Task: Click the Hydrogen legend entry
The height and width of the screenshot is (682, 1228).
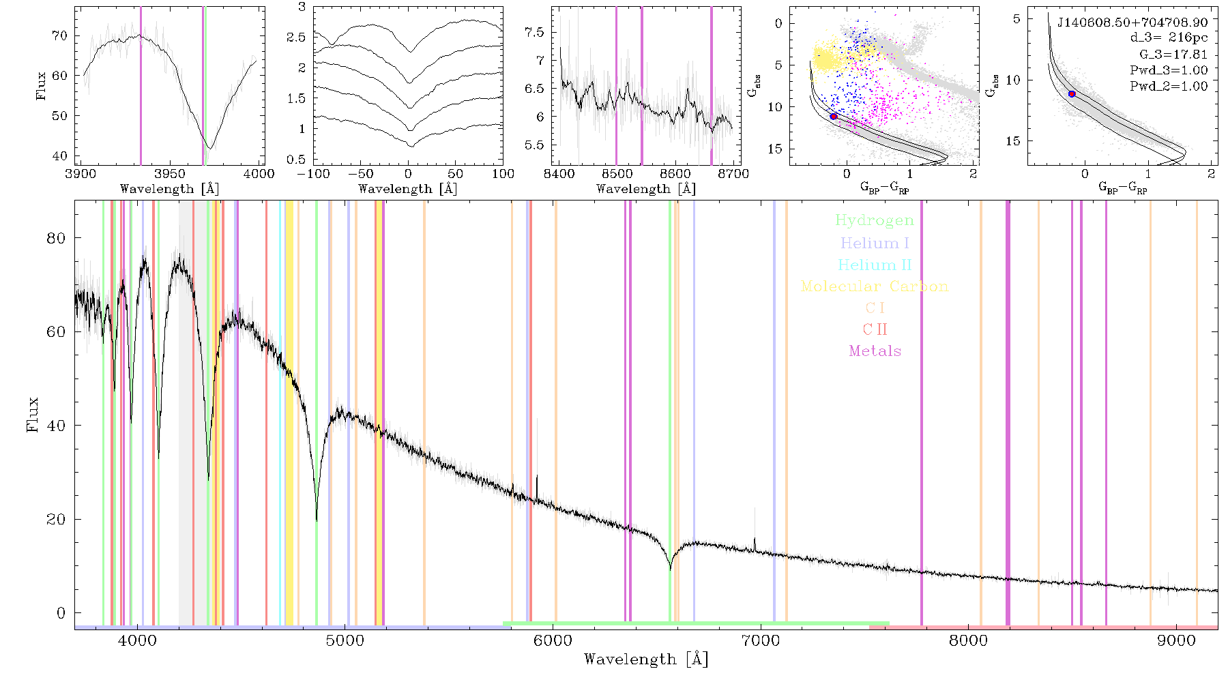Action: tap(874, 220)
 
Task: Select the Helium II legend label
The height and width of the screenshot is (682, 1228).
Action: tap(875, 265)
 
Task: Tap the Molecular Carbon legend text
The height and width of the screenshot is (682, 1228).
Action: tap(875, 286)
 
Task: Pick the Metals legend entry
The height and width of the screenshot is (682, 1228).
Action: tap(875, 351)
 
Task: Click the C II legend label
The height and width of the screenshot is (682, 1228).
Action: tap(875, 329)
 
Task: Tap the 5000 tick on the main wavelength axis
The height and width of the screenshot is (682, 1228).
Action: tap(345, 640)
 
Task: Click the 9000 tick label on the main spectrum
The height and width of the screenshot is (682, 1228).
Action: tap(1176, 640)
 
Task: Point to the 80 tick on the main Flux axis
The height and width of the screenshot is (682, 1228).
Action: tap(57, 238)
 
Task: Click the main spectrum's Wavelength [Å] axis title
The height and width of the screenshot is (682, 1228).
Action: tap(646, 659)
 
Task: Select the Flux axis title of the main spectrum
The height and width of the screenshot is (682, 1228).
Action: tap(32, 415)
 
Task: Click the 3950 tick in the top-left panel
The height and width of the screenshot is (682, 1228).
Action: tap(169, 173)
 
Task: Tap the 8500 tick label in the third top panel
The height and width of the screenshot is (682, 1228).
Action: tap(617, 173)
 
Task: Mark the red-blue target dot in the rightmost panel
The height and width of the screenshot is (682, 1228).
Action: tap(1072, 94)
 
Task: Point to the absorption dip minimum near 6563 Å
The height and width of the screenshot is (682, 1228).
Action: tap(671, 569)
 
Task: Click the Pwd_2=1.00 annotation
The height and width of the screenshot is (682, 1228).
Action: tap(1169, 86)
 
